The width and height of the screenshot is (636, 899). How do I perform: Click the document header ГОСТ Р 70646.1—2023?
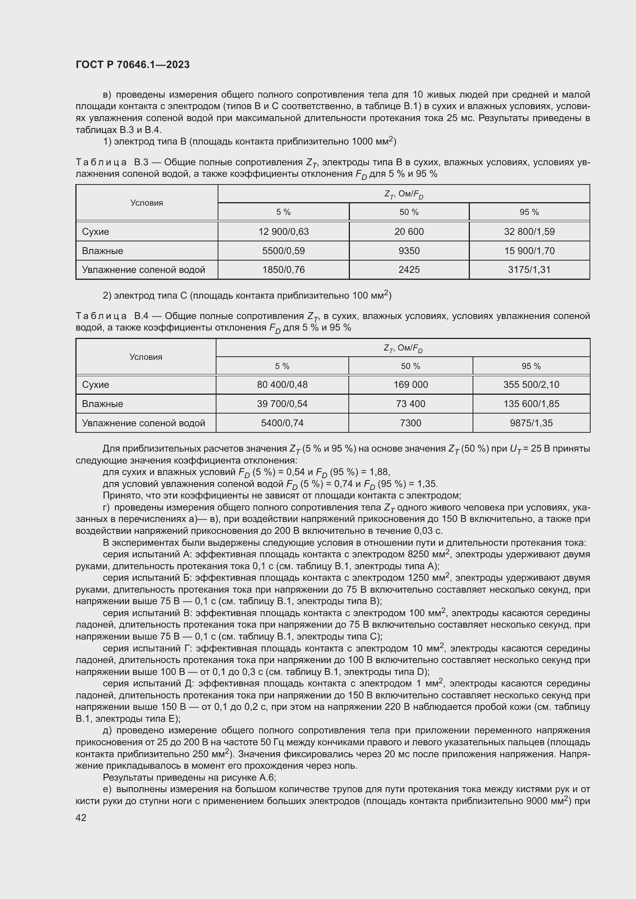132,65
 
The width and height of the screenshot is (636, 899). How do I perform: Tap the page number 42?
81,817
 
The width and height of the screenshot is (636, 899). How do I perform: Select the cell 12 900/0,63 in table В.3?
283,231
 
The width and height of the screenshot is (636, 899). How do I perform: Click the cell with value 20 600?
409,231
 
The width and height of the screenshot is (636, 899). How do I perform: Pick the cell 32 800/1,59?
529,231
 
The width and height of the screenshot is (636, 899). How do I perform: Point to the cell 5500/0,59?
283,251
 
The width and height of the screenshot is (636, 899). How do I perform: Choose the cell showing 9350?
409,251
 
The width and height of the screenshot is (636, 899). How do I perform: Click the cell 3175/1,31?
529,269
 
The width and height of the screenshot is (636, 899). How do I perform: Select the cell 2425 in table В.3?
409,269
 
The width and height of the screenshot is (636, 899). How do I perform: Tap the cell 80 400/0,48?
282,384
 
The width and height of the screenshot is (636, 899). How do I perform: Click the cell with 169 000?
410,384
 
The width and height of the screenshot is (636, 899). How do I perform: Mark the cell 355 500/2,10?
531,384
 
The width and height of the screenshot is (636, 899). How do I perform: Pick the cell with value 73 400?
410,404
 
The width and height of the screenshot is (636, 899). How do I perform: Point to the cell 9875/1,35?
531,423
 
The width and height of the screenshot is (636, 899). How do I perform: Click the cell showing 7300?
410,423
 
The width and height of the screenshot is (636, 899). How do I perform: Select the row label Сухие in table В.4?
96,384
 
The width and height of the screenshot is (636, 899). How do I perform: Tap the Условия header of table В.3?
147,203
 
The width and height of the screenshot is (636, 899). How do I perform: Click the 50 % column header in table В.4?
410,366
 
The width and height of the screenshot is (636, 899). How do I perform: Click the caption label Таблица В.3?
112,162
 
